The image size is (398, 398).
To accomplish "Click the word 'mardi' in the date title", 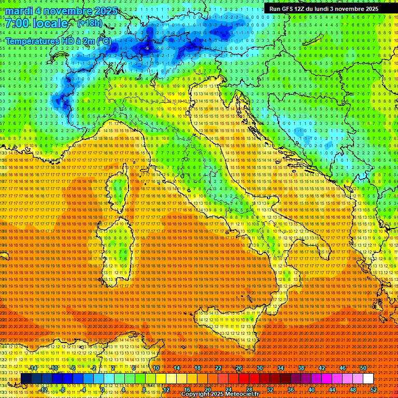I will (x=20, y=11).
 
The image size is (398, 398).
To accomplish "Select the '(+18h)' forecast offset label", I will (x=90, y=23).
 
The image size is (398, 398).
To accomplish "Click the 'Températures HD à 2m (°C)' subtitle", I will (x=58, y=41).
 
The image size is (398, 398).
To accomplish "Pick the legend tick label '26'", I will (x=239, y=367).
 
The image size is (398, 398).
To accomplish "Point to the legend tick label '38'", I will (x=301, y=367).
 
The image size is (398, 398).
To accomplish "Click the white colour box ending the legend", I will (x=368, y=378).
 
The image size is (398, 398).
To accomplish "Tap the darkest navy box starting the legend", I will (x=26, y=378).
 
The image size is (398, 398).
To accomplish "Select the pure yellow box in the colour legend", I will (x=161, y=378).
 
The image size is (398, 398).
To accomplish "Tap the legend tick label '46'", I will (x=343, y=367).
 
